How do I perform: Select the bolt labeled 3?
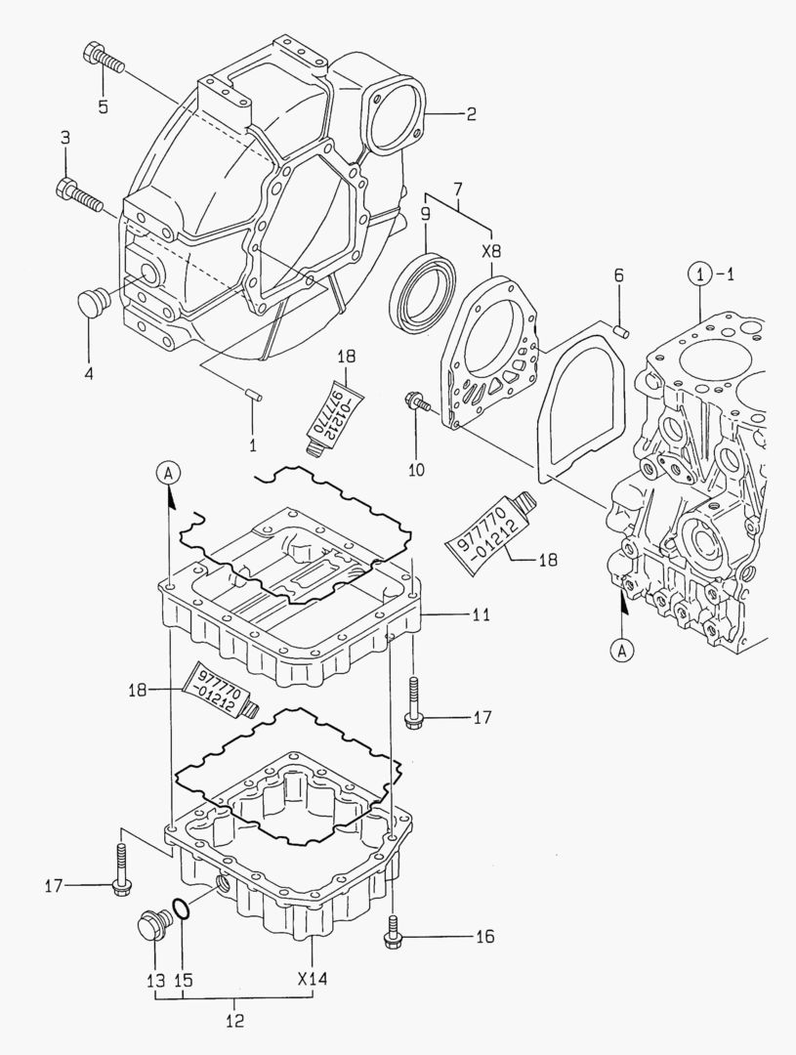coord(80,194)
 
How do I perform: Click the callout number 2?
coord(470,114)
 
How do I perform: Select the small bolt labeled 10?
coord(415,401)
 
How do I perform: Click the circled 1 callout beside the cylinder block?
coord(699,274)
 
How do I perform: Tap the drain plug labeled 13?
coord(149,925)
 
